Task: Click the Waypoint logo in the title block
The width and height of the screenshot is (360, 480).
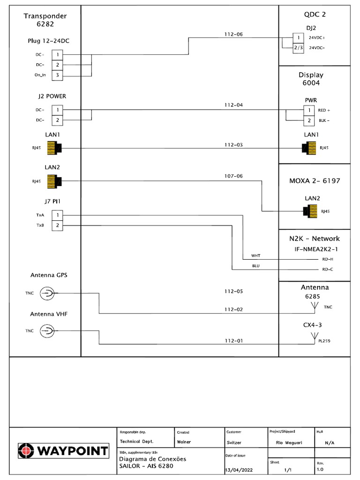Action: tap(63, 451)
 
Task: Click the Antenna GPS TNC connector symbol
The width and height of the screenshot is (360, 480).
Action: tap(47, 294)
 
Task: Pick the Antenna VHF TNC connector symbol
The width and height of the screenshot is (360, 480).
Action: tap(47, 331)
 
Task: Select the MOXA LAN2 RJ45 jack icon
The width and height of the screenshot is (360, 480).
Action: tap(310, 211)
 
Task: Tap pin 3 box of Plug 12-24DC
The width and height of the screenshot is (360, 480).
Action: tap(57, 75)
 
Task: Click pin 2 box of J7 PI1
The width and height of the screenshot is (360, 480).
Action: tap(57, 225)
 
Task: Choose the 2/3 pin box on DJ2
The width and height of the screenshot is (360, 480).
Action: tap(299, 47)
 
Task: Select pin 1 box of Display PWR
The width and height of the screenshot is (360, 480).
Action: tap(309, 111)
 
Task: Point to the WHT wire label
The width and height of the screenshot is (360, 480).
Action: tap(255, 256)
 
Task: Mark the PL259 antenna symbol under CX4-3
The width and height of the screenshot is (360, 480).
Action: tap(314, 337)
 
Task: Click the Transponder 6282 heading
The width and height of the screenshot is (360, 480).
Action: tap(45, 20)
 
